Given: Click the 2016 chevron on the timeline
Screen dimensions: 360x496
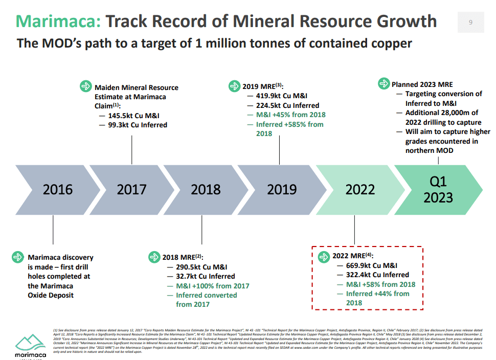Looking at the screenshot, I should pyautogui.click(x=57, y=189).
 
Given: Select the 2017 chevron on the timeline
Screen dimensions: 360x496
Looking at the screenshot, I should pyautogui.click(x=131, y=189).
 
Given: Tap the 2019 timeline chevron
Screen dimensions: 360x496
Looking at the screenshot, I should pyautogui.click(x=281, y=189).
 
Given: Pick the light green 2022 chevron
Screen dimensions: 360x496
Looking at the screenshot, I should pyautogui.click(x=359, y=189).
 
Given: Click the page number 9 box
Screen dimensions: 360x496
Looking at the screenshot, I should pyautogui.click(x=470, y=22).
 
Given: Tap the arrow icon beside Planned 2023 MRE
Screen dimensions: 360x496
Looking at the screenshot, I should pyautogui.click(x=384, y=84).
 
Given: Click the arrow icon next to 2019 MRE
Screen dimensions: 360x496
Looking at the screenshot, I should pyautogui.click(x=234, y=86).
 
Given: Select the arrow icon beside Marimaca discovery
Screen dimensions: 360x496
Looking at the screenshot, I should pyautogui.click(x=18, y=257).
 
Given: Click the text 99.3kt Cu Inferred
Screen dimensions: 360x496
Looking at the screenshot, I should pyautogui.click(x=137, y=125).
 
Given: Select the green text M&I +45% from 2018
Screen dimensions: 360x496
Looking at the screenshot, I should pyautogui.click(x=290, y=115).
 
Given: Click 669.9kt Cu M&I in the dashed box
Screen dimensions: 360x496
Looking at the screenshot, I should pyautogui.click(x=372, y=265).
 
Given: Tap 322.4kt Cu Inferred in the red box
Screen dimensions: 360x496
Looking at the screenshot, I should pyautogui.click(x=377, y=275).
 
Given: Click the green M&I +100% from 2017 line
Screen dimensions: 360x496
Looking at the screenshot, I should pyautogui.click(x=213, y=286).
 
